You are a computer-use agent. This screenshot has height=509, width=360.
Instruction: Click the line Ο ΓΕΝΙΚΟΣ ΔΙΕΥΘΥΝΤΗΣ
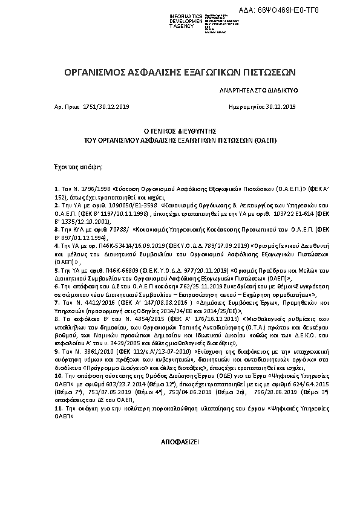tap(180, 131)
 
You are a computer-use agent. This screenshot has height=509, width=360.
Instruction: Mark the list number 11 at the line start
tap(57, 409)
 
